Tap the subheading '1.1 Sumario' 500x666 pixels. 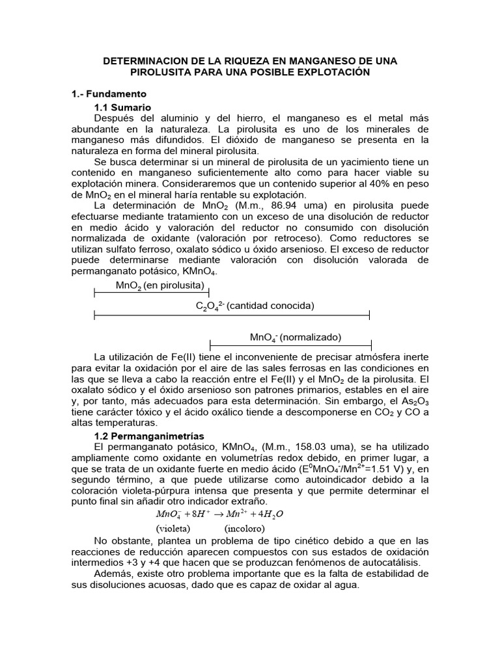point(122,107)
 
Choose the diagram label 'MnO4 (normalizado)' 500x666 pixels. point(296,338)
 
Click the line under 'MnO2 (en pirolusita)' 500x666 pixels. point(152,294)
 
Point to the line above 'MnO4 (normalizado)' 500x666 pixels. point(290,345)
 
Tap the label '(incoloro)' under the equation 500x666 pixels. point(245,529)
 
